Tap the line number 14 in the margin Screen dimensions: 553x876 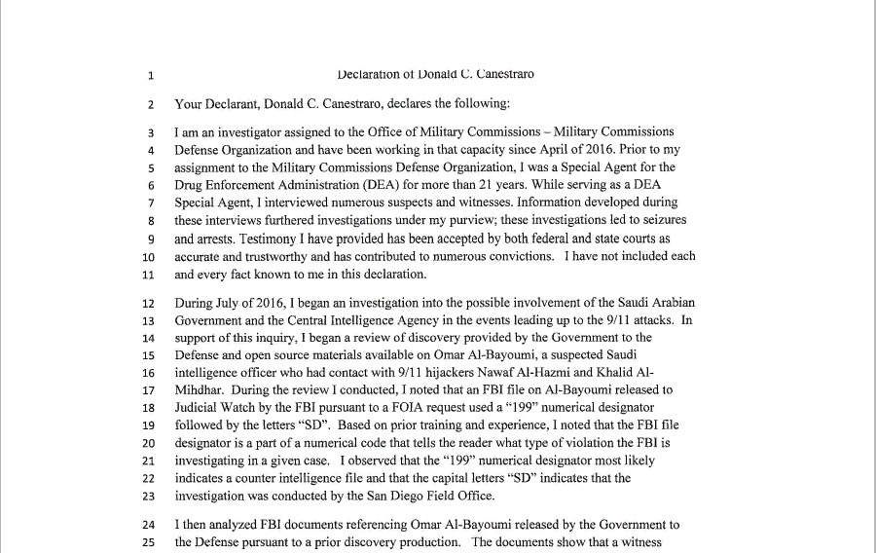[x=148, y=338]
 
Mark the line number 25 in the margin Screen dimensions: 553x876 [x=148, y=542]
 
